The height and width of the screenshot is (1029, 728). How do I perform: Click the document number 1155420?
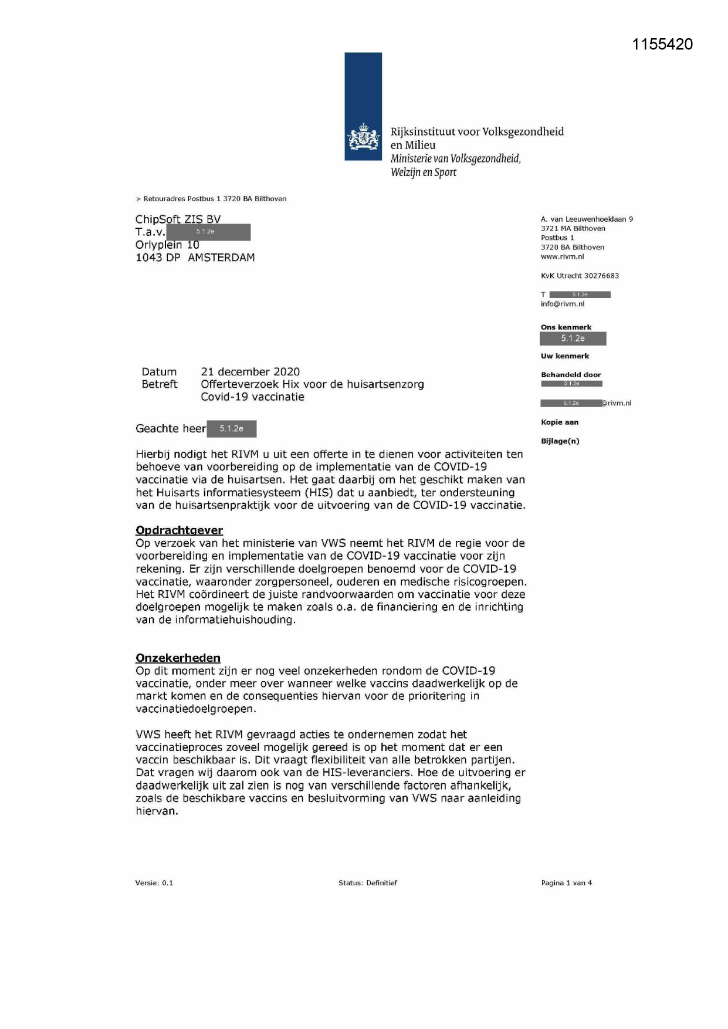(662, 45)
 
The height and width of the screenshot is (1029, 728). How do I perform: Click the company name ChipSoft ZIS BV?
(178, 219)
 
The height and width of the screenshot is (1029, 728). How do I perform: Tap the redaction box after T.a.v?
(208, 232)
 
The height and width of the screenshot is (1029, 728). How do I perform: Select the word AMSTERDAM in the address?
(221, 258)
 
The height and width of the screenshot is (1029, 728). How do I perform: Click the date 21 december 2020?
(250, 372)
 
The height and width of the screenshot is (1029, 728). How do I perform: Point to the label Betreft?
(159, 384)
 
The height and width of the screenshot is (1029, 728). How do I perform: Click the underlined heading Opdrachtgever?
(179, 530)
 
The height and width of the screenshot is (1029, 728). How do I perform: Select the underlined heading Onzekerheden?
(178, 658)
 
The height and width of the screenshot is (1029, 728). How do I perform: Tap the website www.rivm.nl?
(562, 256)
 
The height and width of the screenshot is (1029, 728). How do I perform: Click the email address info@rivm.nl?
(563, 304)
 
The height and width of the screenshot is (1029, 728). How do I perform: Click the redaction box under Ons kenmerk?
(573, 339)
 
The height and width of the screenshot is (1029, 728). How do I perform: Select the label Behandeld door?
(571, 375)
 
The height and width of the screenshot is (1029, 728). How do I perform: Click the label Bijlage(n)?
(560, 441)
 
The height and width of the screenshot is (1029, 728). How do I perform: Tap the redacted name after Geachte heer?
(231, 429)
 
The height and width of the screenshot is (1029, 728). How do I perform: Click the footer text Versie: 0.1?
(154, 883)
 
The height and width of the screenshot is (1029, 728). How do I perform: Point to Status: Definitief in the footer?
(367, 883)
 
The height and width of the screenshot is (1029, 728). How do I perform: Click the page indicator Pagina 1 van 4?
(566, 883)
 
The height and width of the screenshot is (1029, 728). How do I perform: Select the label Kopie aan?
(559, 422)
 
